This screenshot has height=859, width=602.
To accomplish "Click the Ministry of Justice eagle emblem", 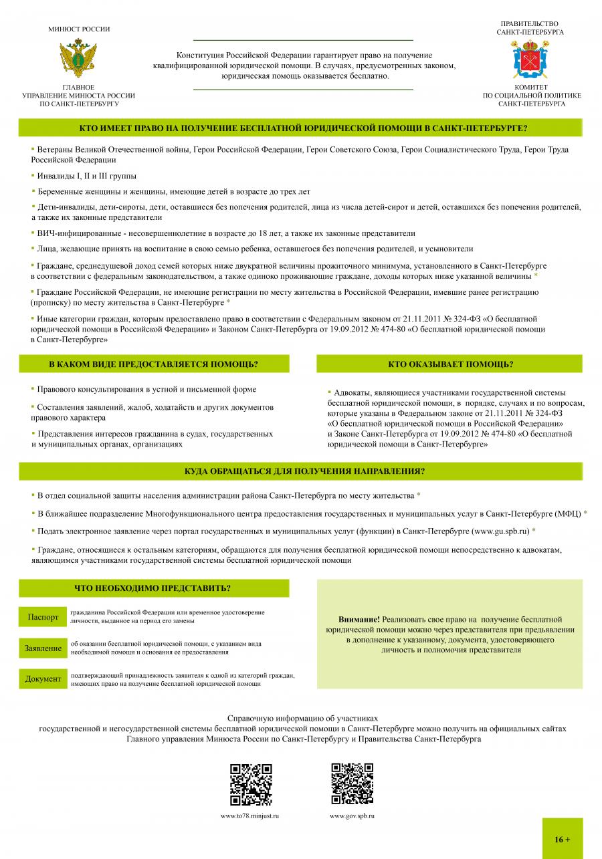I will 79,59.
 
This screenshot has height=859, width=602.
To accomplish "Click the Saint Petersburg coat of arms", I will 530,59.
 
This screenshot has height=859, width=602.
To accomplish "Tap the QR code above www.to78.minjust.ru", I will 251,784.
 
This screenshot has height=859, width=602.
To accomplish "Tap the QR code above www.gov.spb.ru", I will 353,784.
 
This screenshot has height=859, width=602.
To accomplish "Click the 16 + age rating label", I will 562,839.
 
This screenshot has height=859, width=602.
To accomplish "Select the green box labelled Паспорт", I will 43,616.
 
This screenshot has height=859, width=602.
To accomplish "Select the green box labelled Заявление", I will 43,648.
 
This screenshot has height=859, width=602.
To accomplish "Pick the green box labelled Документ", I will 43,679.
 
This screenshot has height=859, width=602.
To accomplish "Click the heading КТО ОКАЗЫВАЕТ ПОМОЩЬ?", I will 450,364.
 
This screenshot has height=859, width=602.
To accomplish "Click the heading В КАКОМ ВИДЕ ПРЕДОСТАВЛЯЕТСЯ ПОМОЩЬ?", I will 153,364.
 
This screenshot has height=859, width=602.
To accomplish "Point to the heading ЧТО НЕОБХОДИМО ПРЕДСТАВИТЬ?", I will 153,588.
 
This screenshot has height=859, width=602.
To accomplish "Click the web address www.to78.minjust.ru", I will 249,816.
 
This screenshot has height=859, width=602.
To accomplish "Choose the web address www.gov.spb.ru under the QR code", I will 352,816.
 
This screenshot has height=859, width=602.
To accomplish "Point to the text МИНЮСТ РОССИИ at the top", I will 79,29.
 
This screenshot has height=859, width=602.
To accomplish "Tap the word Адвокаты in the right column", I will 353,392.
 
